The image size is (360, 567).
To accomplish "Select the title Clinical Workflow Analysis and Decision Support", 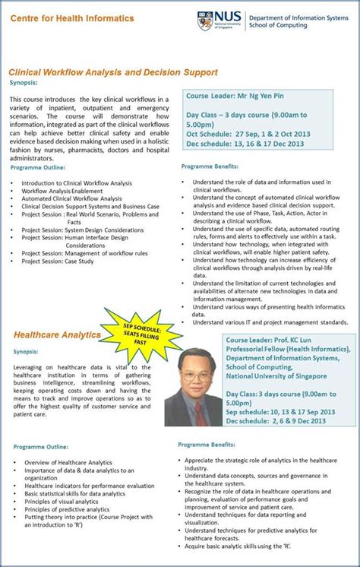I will (113, 72).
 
